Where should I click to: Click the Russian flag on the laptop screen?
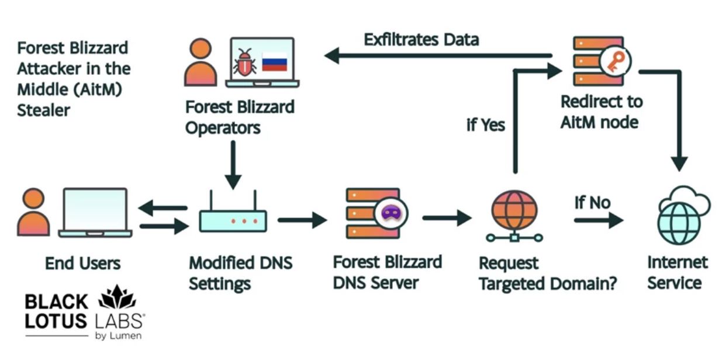tap(274, 62)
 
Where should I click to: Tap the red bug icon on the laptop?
tap(244, 62)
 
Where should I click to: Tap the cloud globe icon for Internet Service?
tap(678, 217)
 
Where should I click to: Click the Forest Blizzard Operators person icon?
tap(201, 62)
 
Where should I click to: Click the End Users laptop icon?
tap(95, 213)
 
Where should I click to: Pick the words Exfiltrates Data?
tap(421, 40)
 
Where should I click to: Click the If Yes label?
tap(486, 125)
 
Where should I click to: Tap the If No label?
tap(592, 203)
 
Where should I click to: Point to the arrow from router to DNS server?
tap(302, 220)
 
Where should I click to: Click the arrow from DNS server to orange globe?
tap(447, 218)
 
